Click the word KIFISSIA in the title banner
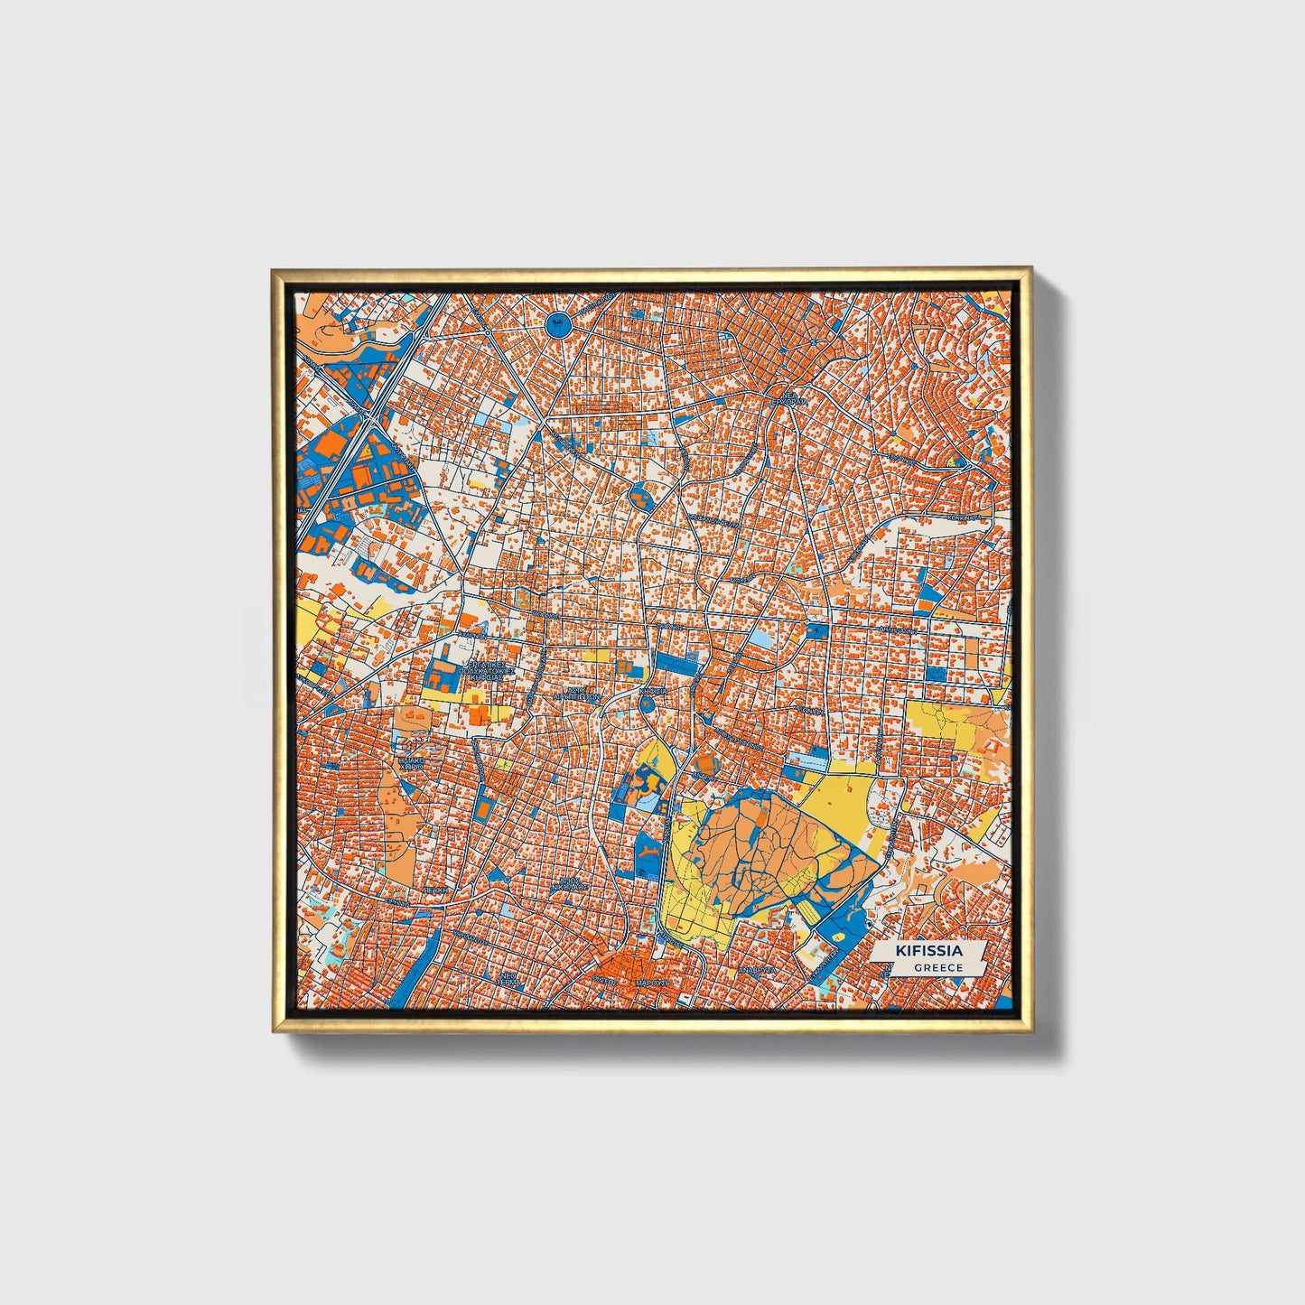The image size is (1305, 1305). [928, 951]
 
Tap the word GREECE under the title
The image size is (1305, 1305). [937, 967]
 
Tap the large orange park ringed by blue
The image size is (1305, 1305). [763, 849]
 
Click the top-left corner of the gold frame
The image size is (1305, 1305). [273, 268]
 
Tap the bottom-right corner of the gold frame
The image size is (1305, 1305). [1031, 1032]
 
